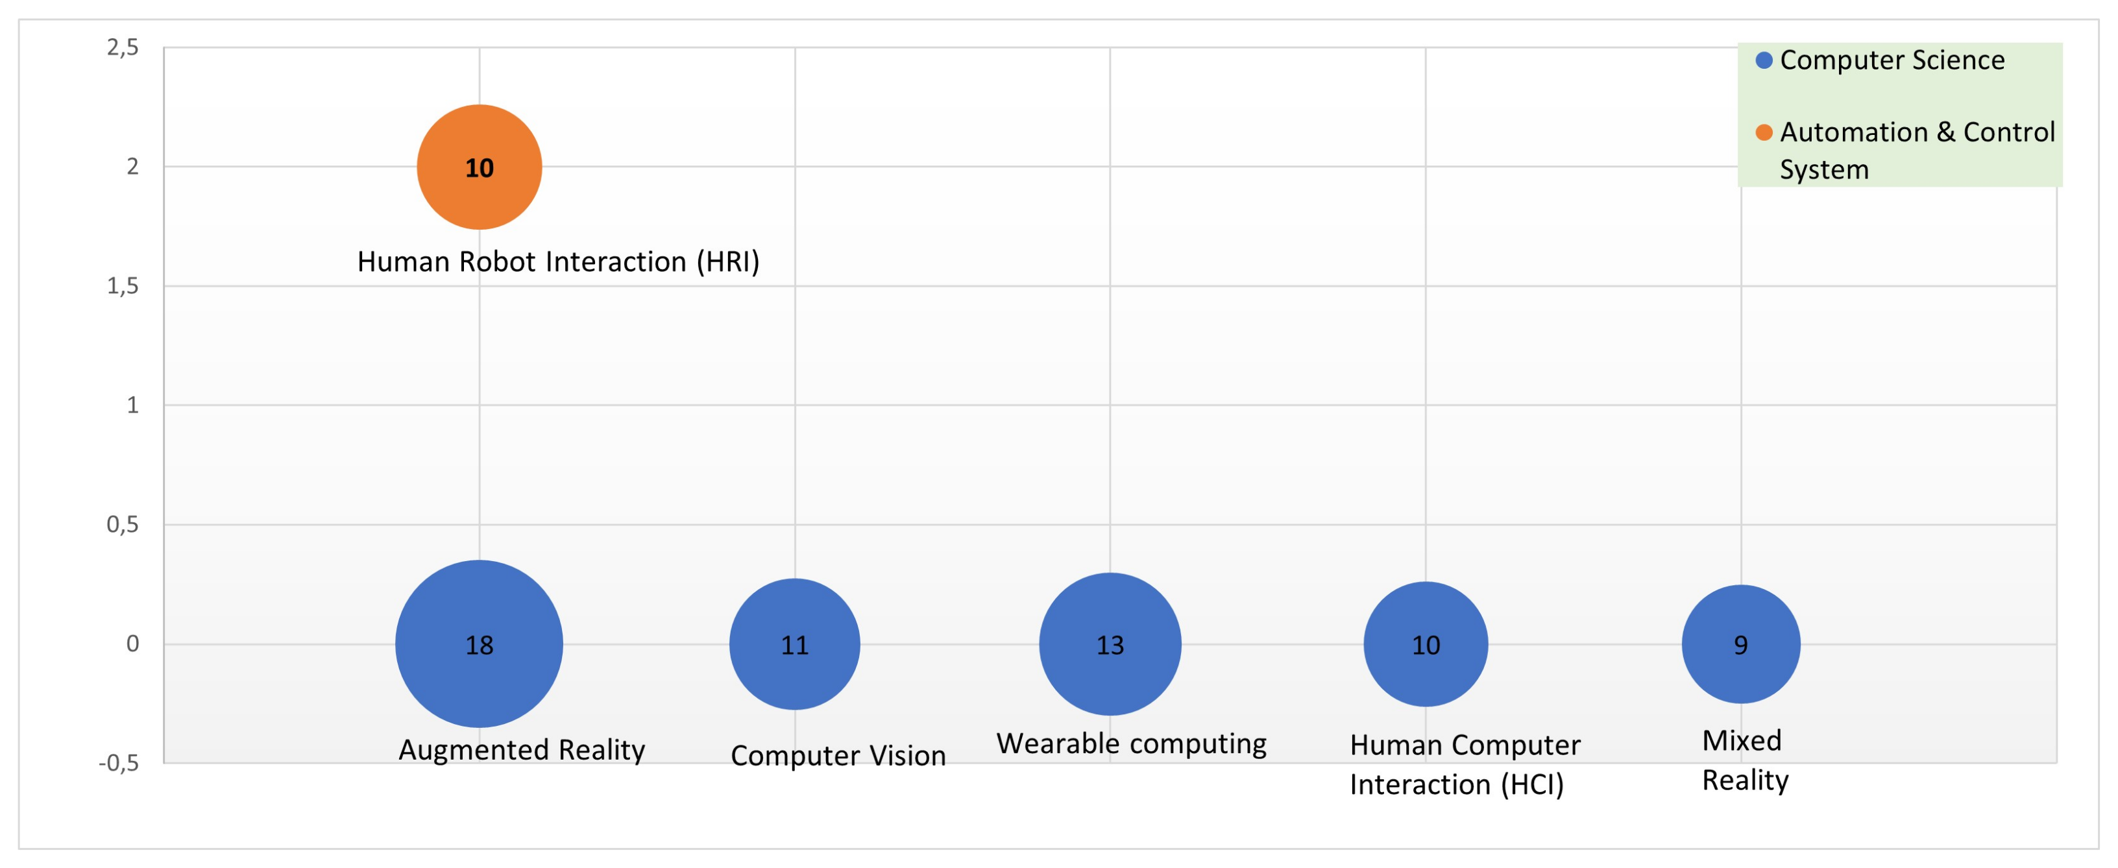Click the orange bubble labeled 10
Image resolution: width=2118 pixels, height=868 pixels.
point(480,167)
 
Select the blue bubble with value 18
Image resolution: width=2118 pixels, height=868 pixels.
point(480,644)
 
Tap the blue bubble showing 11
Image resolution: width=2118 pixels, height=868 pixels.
point(794,644)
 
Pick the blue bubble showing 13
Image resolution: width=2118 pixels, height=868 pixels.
point(1110,644)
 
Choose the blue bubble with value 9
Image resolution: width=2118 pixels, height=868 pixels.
point(1740,644)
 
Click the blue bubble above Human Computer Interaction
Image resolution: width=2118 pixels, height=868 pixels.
point(1426,644)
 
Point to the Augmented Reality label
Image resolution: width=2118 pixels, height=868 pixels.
point(521,750)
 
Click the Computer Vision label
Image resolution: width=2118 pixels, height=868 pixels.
point(838,755)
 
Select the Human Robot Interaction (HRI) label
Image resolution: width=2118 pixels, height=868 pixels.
point(558,261)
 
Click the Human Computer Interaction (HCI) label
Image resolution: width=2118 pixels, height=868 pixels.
point(1465,764)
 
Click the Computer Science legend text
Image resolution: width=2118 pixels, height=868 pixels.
point(1892,60)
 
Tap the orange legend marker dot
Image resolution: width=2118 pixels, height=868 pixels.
point(1764,132)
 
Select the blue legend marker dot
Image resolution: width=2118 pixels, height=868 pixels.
point(1764,60)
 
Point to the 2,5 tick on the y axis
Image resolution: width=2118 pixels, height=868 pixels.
point(123,47)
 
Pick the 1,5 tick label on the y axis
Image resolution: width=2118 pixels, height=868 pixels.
point(123,286)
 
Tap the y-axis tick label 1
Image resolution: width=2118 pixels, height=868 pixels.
point(132,405)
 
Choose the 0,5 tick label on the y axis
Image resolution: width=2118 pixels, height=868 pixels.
point(123,524)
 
